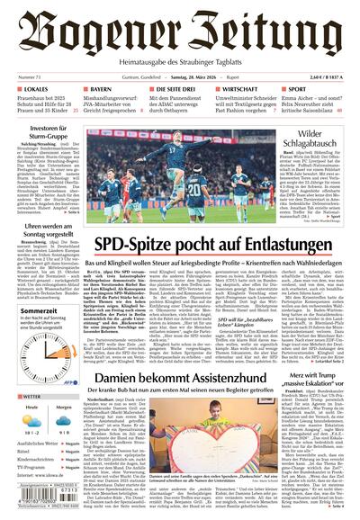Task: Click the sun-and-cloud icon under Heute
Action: pos(31,419)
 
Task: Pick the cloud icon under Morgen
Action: pos(63,419)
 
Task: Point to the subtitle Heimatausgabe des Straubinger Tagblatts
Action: pos(180,59)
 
